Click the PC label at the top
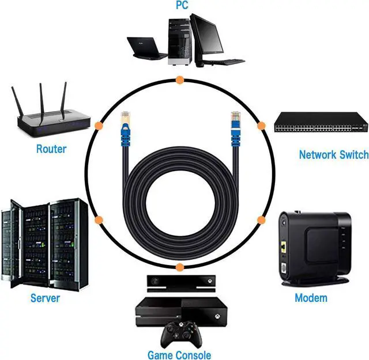tap(182, 6)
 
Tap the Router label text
tap(51, 149)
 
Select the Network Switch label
tap(333, 154)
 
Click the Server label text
tap(45, 298)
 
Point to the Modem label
tap(311, 298)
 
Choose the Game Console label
tap(179, 355)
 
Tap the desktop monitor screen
tap(208, 34)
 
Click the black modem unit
tap(314, 245)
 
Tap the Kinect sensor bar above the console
tap(179, 282)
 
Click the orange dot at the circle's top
tap(180, 79)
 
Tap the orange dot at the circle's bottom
tap(180, 267)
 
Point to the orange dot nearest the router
tap(99, 125)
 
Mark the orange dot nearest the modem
tap(261, 220)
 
